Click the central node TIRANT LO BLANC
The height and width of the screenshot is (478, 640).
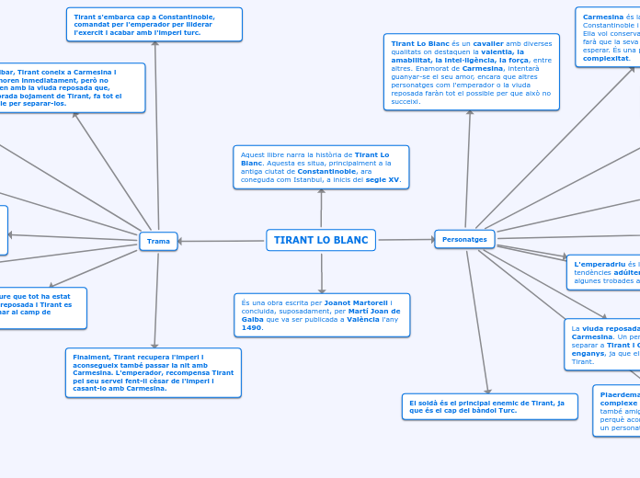coord(321,240)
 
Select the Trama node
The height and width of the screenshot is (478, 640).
coord(158,241)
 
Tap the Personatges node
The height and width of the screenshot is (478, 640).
coord(464,239)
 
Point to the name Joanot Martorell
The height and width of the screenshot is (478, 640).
coord(357,302)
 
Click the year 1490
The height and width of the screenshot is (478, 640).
coord(251,327)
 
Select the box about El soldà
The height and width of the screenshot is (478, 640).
coord(489,406)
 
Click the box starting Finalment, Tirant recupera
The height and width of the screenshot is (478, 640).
coord(153,372)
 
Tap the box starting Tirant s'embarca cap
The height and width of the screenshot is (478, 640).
coord(154,25)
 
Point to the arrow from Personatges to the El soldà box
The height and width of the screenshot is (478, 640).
coord(477,322)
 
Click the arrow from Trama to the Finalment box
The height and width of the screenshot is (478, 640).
coord(156,299)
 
